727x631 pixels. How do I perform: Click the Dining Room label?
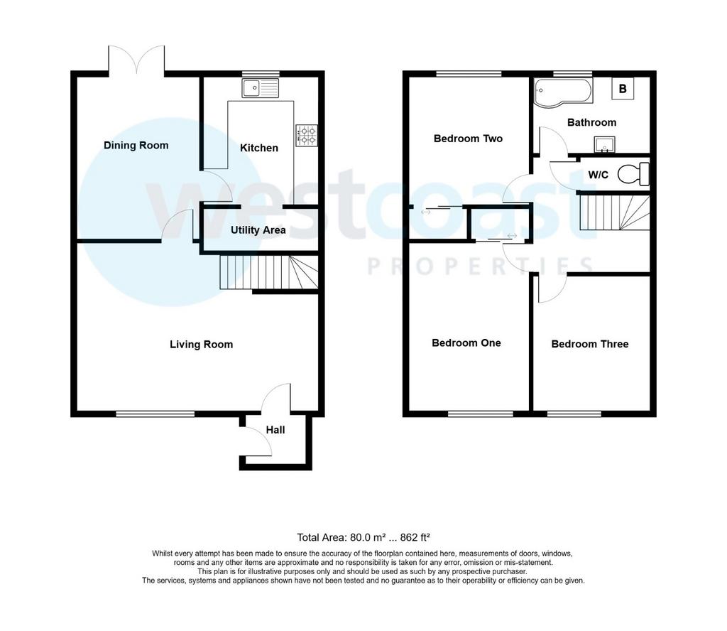pos(136,145)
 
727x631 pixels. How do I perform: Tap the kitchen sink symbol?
pos(260,88)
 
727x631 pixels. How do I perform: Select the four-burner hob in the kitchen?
pos(307,135)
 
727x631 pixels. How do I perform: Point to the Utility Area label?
pos(258,230)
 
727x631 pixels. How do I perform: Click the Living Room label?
pos(201,344)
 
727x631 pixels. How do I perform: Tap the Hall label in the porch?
pos(275,430)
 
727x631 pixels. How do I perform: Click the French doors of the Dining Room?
pos(136,60)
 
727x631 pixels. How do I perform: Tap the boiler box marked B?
pos(623,89)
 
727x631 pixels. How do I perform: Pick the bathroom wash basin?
pos(604,144)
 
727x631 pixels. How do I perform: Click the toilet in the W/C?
pos(634,174)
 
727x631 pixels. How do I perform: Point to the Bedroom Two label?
pos(469,139)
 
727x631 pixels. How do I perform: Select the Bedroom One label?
pos(466,343)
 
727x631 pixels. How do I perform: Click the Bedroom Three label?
pos(590,344)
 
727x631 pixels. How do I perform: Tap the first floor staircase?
pos(614,212)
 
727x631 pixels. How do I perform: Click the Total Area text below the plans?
pos(363,537)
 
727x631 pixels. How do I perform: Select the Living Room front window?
pos(155,414)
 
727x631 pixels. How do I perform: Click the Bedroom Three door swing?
pos(552,288)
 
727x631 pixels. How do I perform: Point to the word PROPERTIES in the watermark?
pos(481,266)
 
